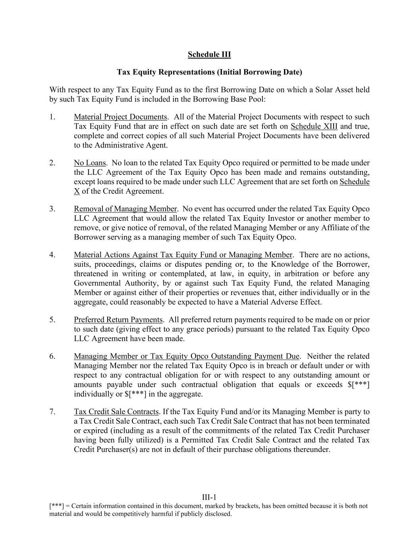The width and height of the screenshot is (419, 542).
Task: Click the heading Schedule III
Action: click(x=209, y=54)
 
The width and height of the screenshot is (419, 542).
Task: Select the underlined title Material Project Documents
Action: click(x=120, y=117)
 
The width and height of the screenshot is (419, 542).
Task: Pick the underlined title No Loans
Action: click(x=90, y=163)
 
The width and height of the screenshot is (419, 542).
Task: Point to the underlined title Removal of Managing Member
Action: click(x=125, y=209)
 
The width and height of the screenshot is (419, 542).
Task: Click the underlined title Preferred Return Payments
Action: click(x=118, y=320)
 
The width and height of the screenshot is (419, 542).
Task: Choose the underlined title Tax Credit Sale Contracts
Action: click(x=116, y=412)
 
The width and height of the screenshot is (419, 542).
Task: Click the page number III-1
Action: click(x=209, y=498)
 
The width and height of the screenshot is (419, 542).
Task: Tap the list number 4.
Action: click(x=52, y=255)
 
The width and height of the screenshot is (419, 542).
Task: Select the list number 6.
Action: click(x=52, y=356)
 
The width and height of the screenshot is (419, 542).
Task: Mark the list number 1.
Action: click(x=52, y=117)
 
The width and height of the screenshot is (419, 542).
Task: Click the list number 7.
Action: click(x=52, y=412)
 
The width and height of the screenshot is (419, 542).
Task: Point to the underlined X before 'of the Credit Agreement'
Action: click(x=77, y=191)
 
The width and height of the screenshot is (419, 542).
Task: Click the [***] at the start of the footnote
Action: click(x=56, y=506)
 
